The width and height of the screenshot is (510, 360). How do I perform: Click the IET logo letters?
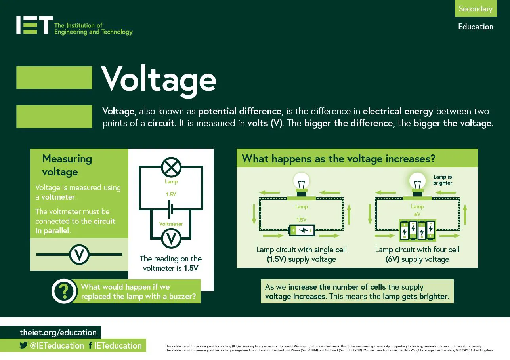34,25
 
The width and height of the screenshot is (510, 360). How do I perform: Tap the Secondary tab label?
475,9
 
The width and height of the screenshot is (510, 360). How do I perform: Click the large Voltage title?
159,79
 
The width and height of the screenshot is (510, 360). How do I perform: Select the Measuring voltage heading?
67,165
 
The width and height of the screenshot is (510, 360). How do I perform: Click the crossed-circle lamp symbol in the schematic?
171,167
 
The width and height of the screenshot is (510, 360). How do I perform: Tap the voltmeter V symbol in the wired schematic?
171,238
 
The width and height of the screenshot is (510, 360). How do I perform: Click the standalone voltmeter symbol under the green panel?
79,254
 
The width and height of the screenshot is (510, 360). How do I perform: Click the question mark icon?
64,291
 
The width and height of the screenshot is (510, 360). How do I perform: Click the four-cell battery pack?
417,230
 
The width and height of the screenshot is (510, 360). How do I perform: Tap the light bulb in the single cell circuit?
302,183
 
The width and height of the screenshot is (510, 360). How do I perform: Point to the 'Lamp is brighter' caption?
443,180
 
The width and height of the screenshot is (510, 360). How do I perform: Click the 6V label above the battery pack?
417,214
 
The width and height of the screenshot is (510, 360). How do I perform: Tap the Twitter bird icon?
23,345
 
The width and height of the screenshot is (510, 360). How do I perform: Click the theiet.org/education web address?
58,332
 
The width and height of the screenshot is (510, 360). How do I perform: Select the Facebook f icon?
90,345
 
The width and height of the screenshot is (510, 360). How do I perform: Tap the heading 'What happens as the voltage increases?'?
338,159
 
